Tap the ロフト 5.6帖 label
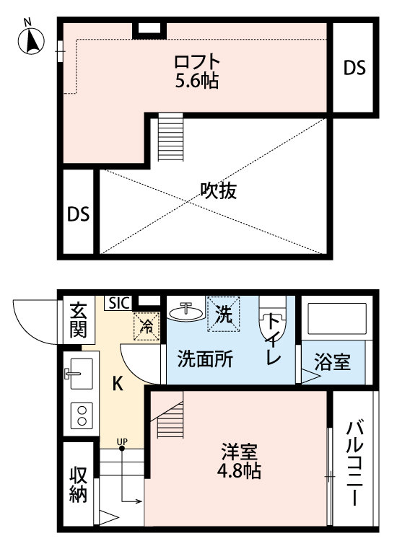[x=197, y=70]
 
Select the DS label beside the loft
[x=354, y=68]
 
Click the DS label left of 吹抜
[x=78, y=214]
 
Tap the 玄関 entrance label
[x=77, y=320]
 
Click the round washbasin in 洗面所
[x=187, y=312]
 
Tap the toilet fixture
[x=272, y=331]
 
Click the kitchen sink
[x=78, y=374]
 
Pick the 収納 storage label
[x=78, y=484]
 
